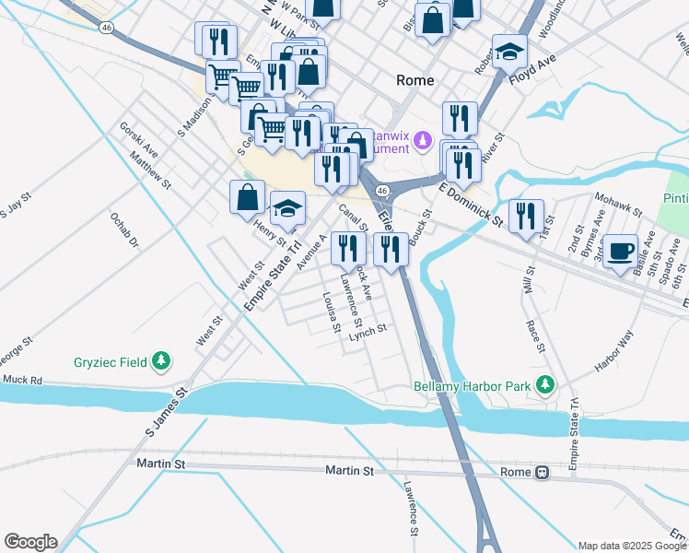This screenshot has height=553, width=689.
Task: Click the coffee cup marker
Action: click(620, 250)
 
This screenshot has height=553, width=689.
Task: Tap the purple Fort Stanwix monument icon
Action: click(422, 141)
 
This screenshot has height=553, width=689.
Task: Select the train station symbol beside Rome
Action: click(543, 472)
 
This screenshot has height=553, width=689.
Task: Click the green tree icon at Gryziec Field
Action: click(162, 361)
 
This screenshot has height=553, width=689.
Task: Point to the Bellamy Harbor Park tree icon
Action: click(545, 384)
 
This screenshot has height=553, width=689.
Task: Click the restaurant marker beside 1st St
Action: click(526, 216)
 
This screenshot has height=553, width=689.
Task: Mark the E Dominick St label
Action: click(471, 206)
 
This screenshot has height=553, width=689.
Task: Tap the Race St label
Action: click(535, 335)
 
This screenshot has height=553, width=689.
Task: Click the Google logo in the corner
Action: click(30, 542)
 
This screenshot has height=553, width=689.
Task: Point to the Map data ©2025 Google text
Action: click(631, 546)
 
